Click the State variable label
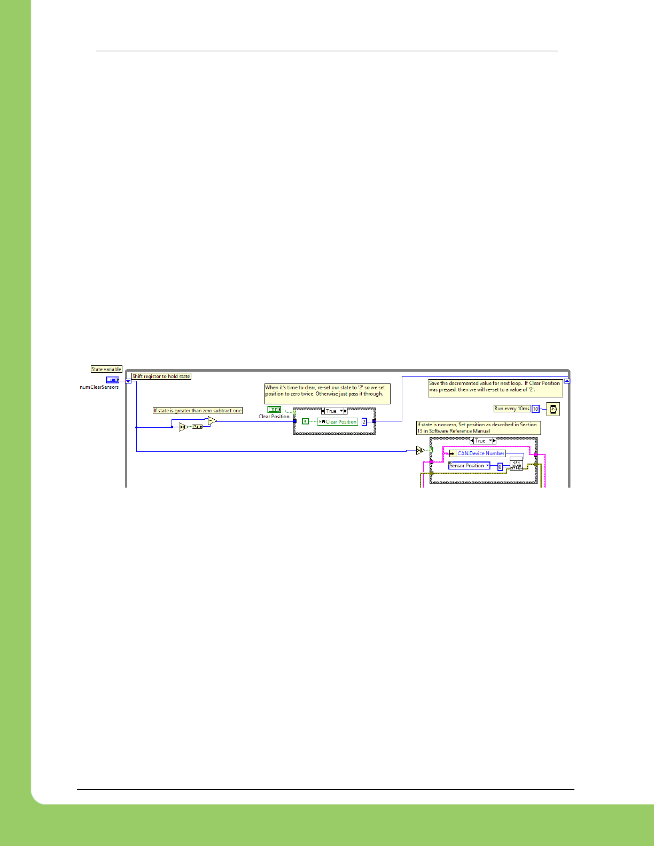pyautogui.click(x=106, y=369)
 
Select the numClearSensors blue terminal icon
pyautogui.click(x=112, y=380)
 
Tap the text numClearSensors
pyautogui.click(x=99, y=387)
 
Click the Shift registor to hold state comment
pyautogui.click(x=161, y=377)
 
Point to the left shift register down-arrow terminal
pyautogui.click(x=128, y=381)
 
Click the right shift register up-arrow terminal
pyautogui.click(x=567, y=381)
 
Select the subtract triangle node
pyautogui.click(x=212, y=421)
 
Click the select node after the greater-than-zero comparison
pyautogui.click(x=198, y=427)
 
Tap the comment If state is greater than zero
pyautogui.click(x=198, y=411)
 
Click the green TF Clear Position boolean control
pyautogui.click(x=274, y=410)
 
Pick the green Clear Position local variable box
pyautogui.click(x=338, y=422)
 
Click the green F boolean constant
pyautogui.click(x=305, y=421)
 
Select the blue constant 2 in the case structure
pyautogui.click(x=364, y=422)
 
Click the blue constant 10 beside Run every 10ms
pyautogui.click(x=535, y=409)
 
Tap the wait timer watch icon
pyautogui.click(x=552, y=409)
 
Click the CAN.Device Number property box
pyautogui.click(x=480, y=453)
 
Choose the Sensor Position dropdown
pyautogui.click(x=469, y=466)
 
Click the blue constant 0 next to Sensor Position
pyautogui.click(x=500, y=466)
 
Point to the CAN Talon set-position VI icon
pyautogui.click(x=516, y=464)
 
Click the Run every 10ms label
pyautogui.click(x=512, y=409)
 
